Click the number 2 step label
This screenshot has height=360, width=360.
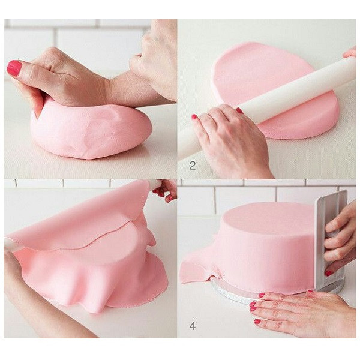coord(193,166)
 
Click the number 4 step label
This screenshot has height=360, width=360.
coord(193,326)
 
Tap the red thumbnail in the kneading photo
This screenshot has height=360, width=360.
coord(14,68)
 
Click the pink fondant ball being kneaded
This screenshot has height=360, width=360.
coord(92,131)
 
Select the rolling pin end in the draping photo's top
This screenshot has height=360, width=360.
coord(156,184)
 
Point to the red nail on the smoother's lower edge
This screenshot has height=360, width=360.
coord(329,273)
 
